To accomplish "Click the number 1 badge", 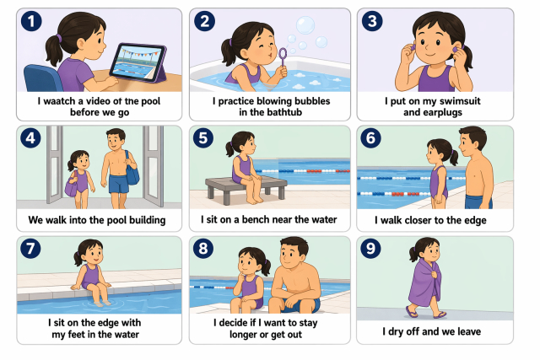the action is click(x=31, y=21).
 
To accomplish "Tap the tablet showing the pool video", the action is click(x=138, y=63).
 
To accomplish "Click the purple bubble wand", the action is click(x=283, y=58).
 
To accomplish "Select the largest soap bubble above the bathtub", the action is click(x=305, y=25).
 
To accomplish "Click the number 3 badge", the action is click(x=372, y=21).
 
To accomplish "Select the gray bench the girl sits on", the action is click(x=246, y=190).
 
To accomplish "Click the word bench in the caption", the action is click(x=256, y=219).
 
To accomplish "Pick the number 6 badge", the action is click(x=371, y=137).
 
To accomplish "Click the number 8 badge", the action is click(x=203, y=249).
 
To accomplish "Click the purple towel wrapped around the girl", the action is click(x=423, y=284).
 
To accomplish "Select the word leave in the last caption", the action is click(x=469, y=331).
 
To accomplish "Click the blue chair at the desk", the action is click(x=41, y=78).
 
